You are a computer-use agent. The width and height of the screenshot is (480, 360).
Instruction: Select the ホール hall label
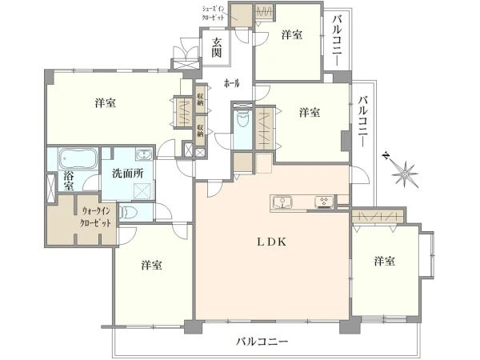233,82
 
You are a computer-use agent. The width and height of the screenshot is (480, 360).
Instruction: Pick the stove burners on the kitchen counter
324,202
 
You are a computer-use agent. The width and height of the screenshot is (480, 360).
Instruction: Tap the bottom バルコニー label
262,342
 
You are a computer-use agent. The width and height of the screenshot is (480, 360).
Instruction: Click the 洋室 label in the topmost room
293,34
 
